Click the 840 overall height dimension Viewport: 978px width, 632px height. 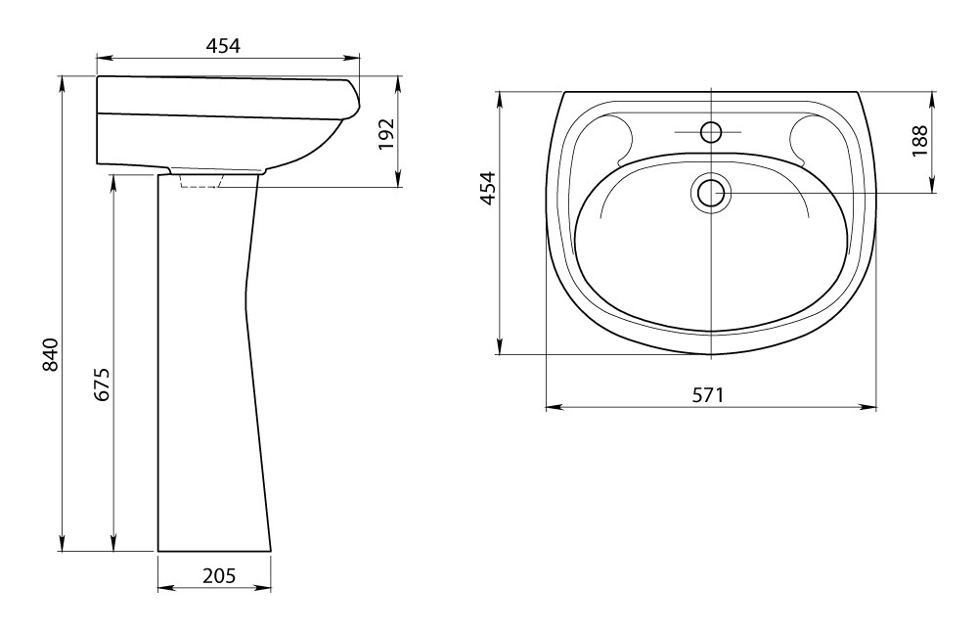[51, 354]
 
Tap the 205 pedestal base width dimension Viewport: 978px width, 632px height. [219, 575]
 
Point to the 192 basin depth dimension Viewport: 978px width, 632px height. [387, 133]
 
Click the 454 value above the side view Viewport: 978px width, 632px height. [223, 46]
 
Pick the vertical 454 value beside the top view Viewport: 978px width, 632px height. [487, 188]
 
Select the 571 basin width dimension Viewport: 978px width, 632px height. [709, 395]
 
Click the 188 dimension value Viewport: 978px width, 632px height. [920, 141]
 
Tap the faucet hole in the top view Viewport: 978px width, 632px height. [710, 132]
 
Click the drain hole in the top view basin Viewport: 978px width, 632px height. [710, 193]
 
